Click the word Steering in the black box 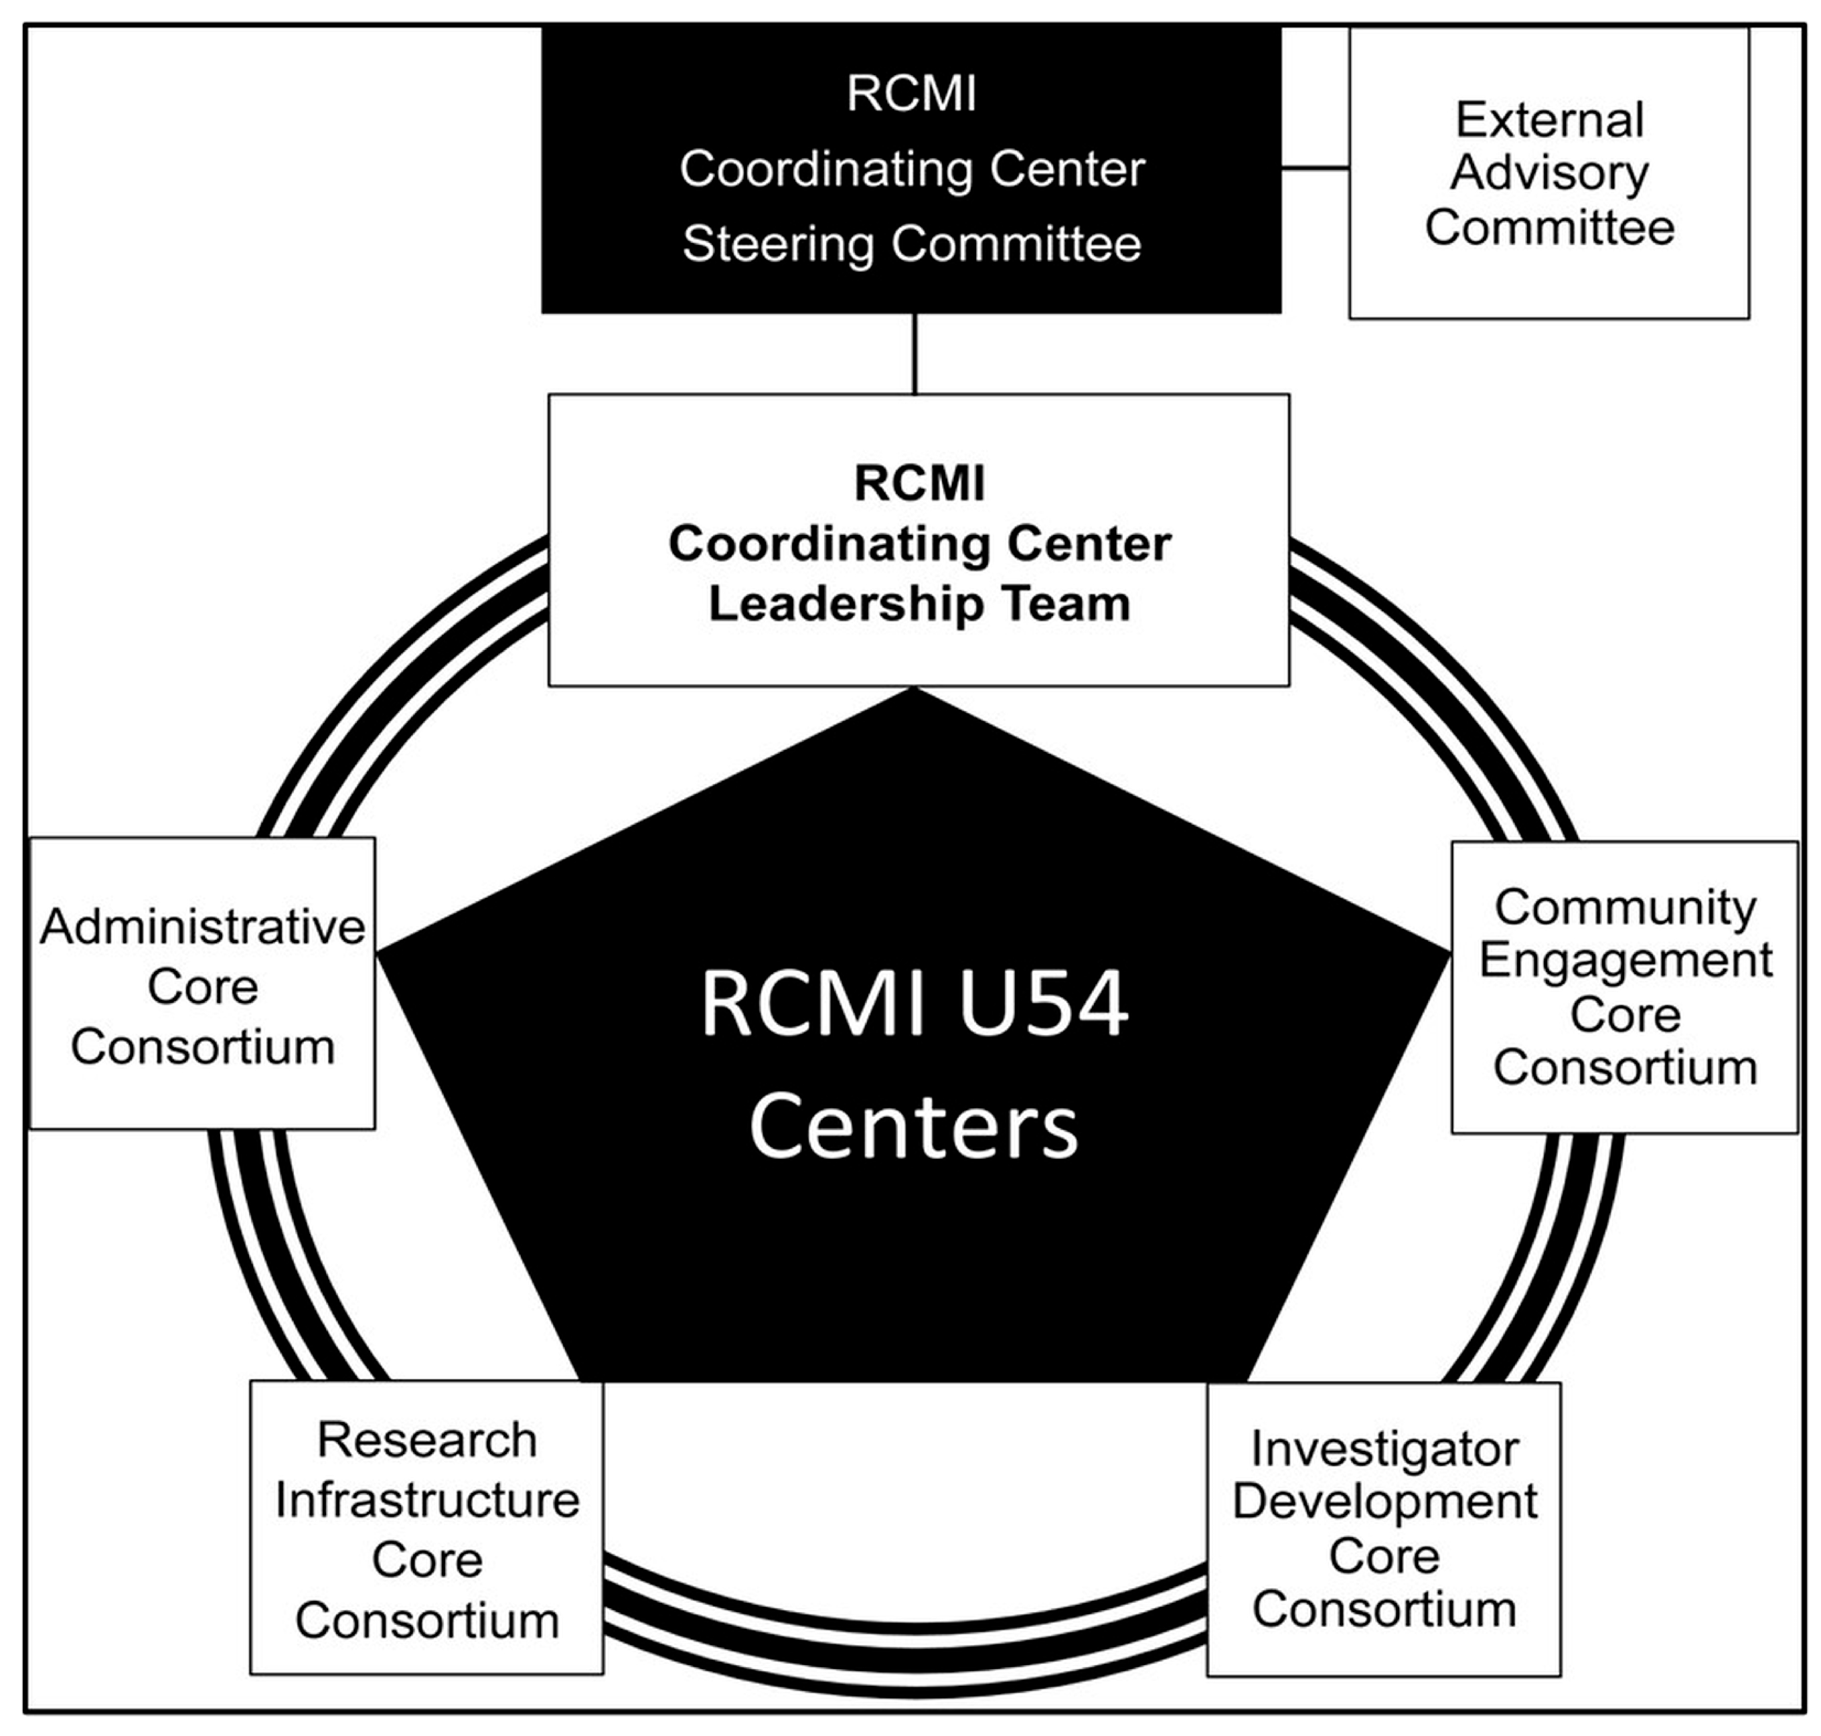click(777, 245)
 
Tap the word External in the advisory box click(1550, 121)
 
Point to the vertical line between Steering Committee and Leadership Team click(915, 353)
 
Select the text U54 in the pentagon click(1043, 1004)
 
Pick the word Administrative click(203, 927)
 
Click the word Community click(1625, 907)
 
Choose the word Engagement click(1625, 961)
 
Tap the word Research click(426, 1441)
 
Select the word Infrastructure click(426, 1500)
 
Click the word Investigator click(1384, 1449)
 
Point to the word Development click(1384, 1502)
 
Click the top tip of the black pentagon click(915, 690)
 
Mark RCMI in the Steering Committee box click(911, 94)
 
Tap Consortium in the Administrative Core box click(203, 1048)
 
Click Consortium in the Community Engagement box click(1625, 1068)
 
